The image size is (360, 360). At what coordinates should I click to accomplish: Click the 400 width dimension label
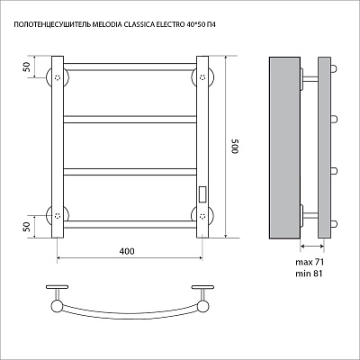point(127,251)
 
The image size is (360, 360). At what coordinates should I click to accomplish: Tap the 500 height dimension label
point(235,147)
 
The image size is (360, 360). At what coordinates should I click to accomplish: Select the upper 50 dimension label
point(27,67)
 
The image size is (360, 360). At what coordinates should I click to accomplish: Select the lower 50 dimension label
point(27,227)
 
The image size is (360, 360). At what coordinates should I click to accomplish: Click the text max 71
point(310,262)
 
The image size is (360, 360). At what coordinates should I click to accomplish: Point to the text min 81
point(309,274)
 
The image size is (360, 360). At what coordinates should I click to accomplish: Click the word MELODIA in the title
point(107,25)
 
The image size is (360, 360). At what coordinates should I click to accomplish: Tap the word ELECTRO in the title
point(167,25)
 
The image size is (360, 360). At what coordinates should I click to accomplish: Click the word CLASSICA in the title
point(137,25)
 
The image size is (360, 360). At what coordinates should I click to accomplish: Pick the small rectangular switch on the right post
point(202,193)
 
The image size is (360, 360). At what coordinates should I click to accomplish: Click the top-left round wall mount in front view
point(58,77)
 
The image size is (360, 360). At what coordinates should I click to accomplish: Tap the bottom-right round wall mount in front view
point(202,215)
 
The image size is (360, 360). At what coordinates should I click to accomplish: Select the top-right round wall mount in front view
point(202,77)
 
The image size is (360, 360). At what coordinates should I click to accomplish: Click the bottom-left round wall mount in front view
point(58,215)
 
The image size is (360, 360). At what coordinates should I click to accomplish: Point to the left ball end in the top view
point(57,306)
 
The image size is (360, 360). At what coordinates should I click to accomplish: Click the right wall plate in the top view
point(202,287)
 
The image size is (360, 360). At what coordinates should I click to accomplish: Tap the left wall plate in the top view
point(58,287)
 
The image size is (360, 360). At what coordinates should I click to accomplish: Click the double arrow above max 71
point(312,247)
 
